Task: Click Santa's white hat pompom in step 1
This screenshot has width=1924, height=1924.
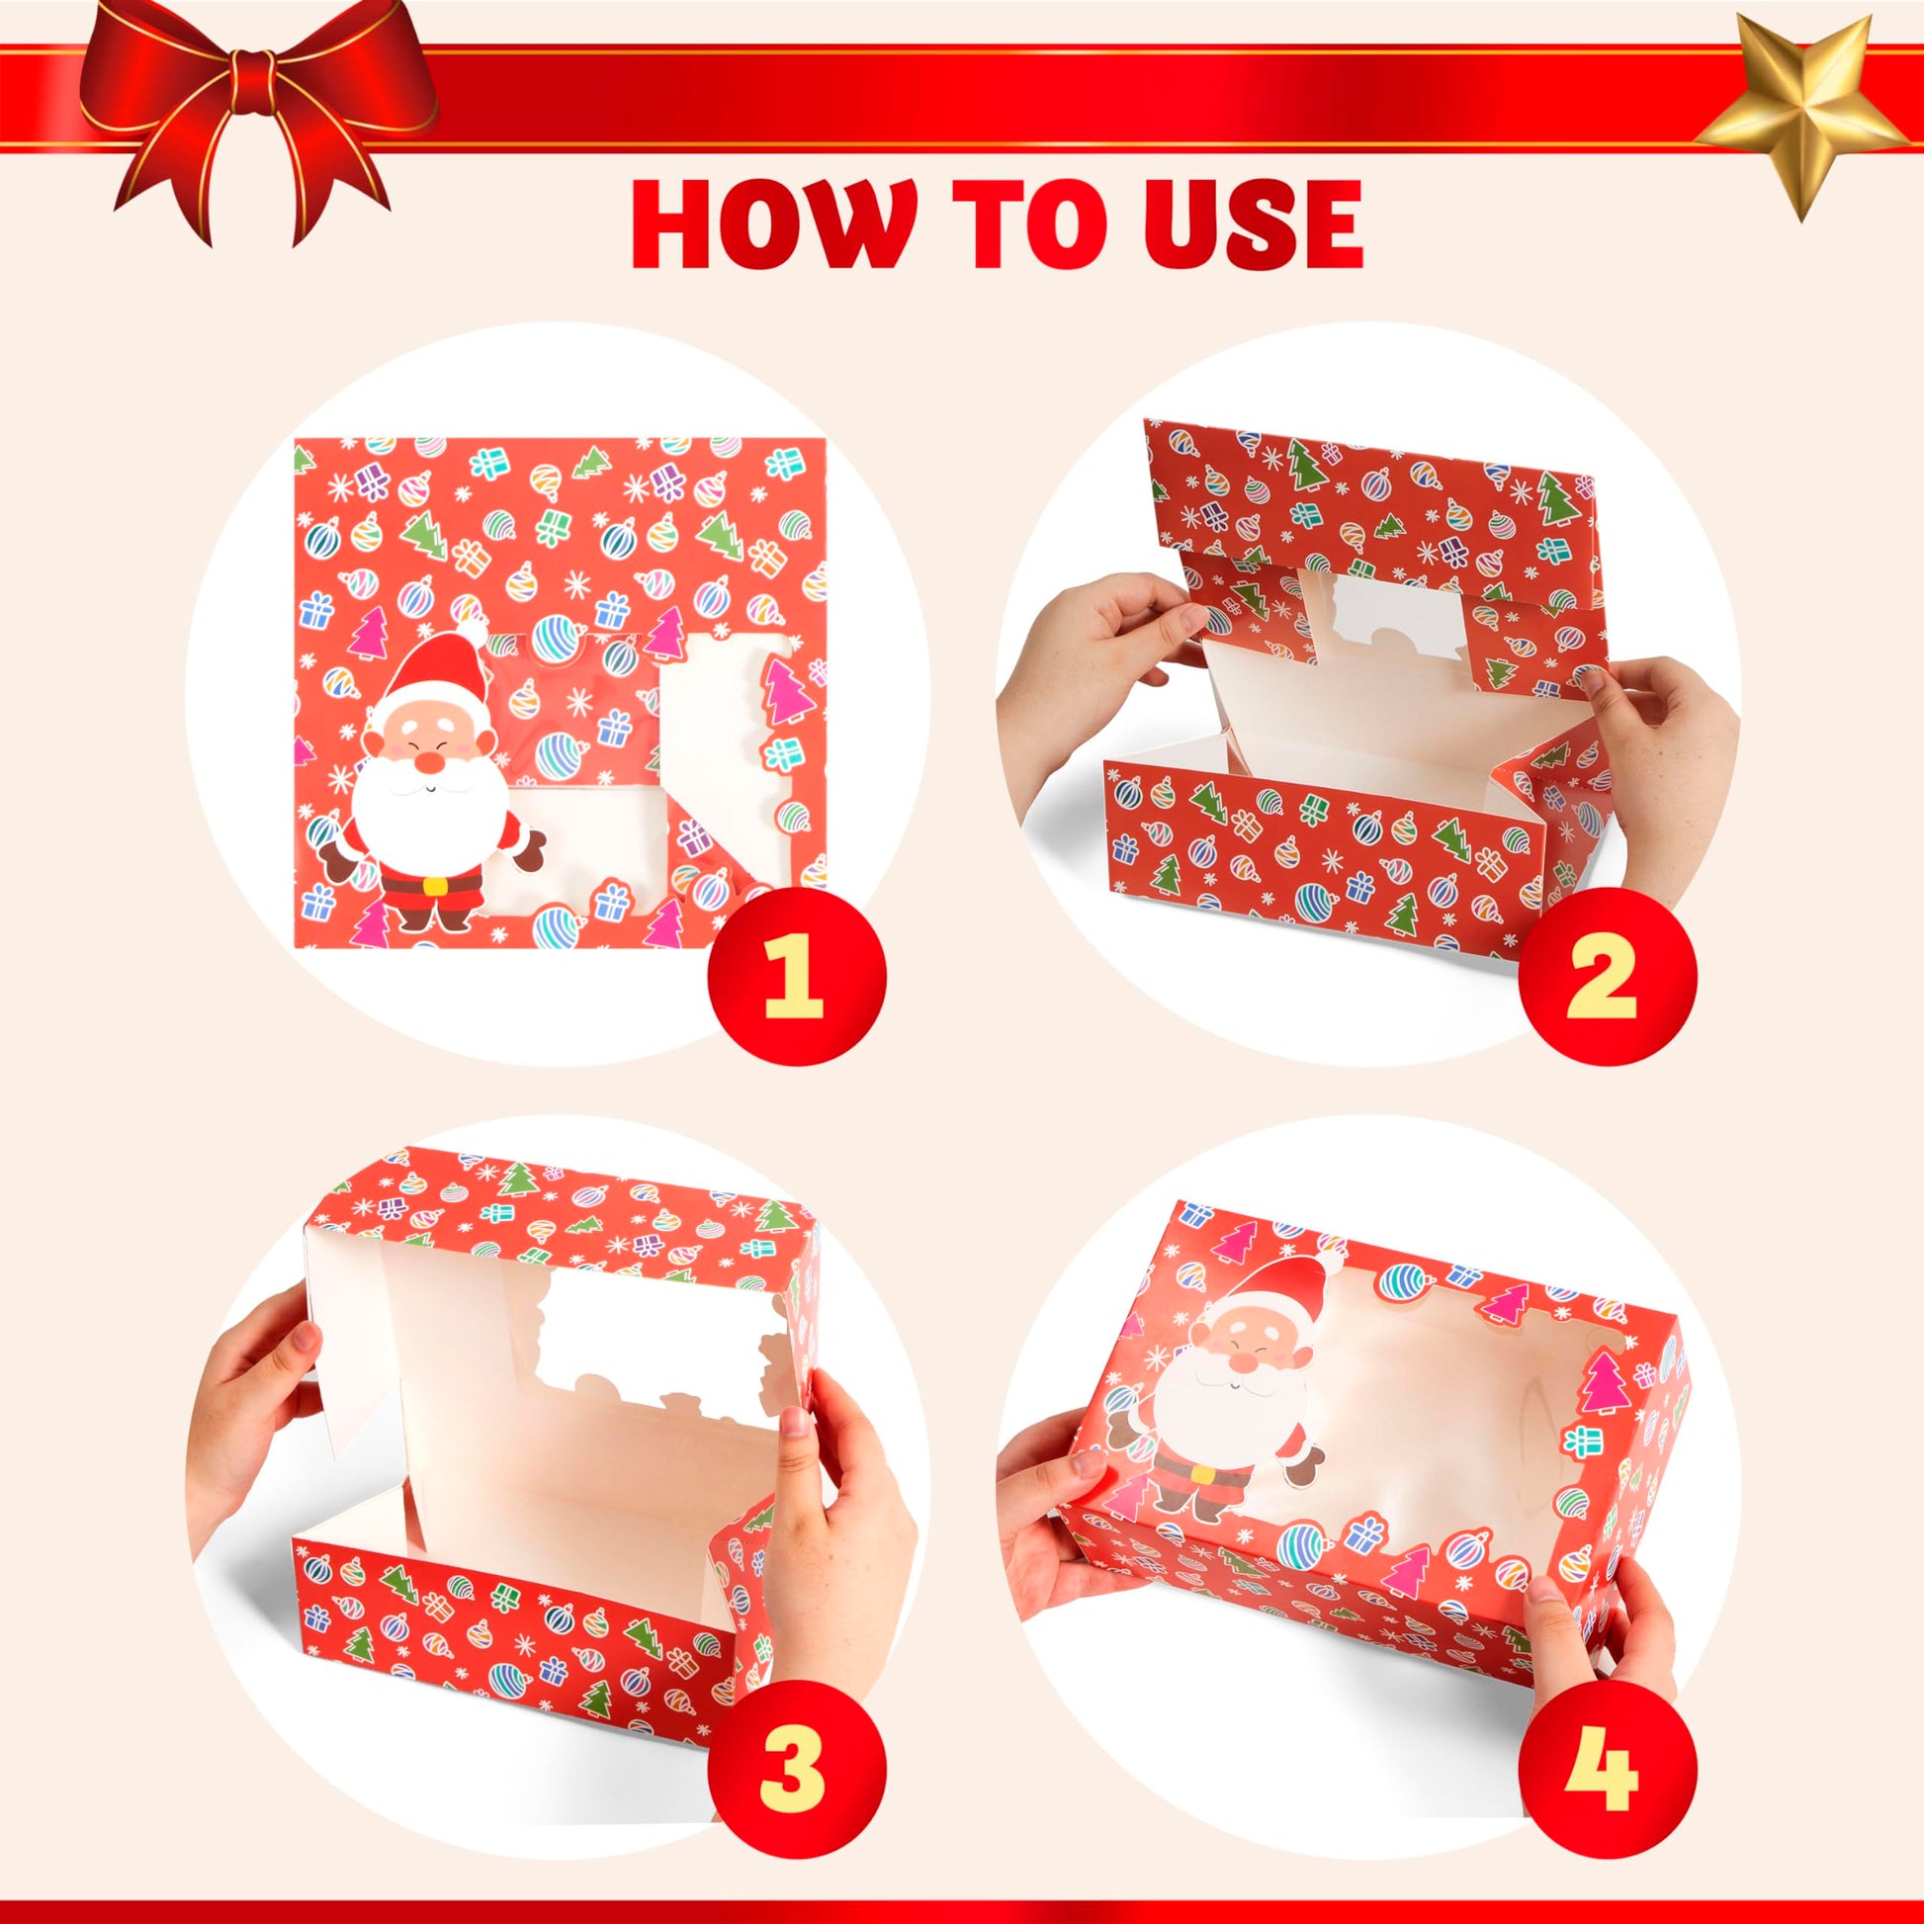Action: pyautogui.click(x=477, y=631)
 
